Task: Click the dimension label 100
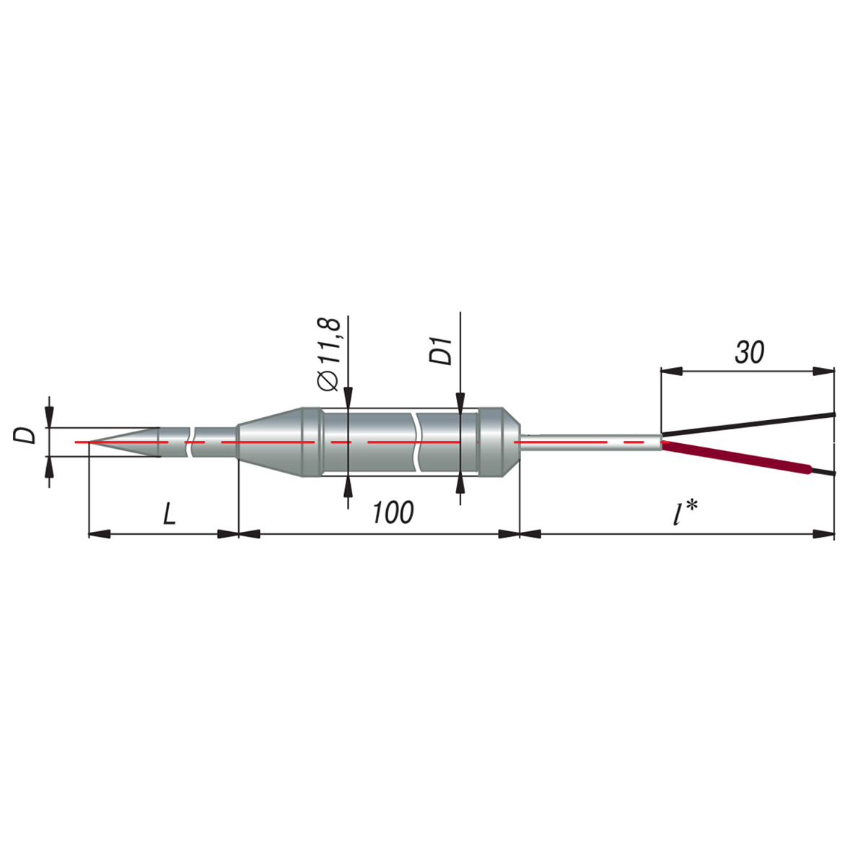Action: [393, 512]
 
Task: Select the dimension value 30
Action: [749, 352]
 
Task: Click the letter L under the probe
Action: [170, 513]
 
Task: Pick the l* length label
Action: [685, 514]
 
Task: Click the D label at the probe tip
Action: [25, 436]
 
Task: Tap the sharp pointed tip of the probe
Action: [90, 442]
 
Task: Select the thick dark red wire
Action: [737, 458]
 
